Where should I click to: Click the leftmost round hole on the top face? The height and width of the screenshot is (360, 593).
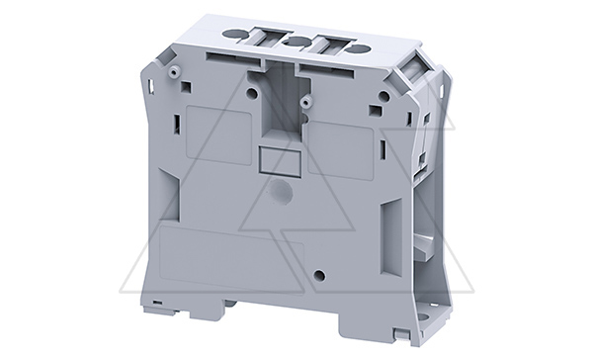[232, 36]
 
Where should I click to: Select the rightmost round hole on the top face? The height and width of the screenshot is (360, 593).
[361, 47]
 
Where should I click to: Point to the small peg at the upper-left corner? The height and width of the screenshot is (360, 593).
[173, 71]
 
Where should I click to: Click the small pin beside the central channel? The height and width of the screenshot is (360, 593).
[307, 101]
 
